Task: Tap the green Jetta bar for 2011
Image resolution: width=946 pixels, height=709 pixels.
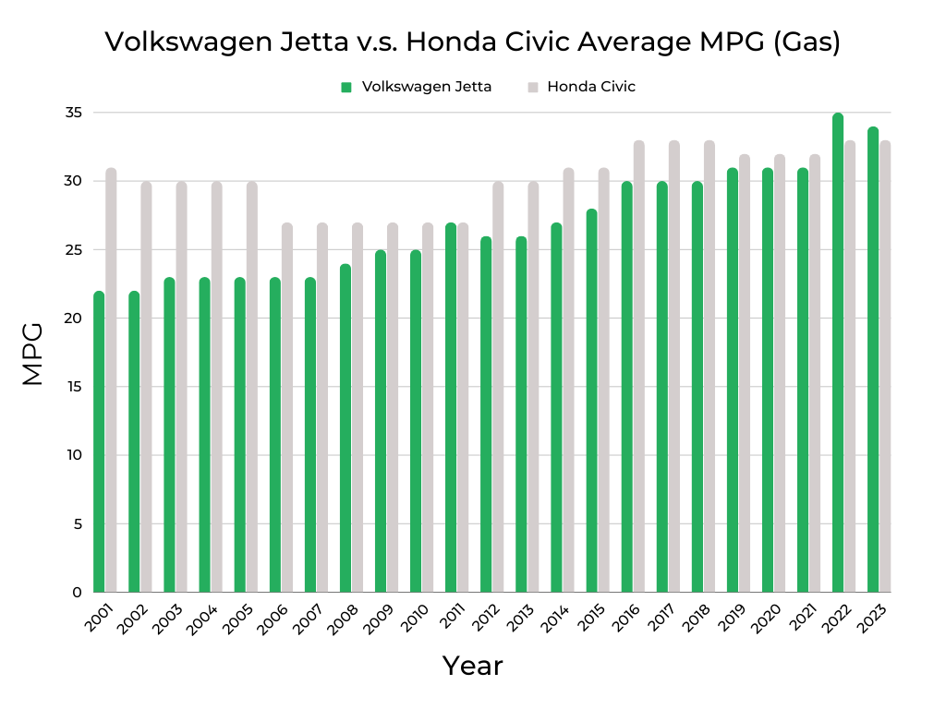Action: click(x=451, y=407)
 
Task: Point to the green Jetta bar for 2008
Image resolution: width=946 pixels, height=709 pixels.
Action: click(x=346, y=428)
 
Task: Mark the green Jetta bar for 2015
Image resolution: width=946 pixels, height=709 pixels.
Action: click(x=591, y=401)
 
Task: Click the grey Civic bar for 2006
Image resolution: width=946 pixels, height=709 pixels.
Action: click(x=286, y=407)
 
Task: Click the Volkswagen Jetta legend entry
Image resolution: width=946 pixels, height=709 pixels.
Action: click(x=426, y=87)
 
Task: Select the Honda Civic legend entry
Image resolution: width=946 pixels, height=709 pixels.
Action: click(x=590, y=87)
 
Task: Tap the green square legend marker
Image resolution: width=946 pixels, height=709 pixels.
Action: click(x=346, y=87)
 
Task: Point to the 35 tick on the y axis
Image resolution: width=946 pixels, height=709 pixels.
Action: click(x=74, y=113)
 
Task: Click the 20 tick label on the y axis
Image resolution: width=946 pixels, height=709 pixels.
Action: click(x=74, y=318)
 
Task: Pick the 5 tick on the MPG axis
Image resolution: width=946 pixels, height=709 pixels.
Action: click(x=78, y=523)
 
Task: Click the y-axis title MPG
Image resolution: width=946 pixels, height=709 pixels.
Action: click(x=32, y=353)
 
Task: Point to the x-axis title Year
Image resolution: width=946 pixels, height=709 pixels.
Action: click(x=472, y=666)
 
